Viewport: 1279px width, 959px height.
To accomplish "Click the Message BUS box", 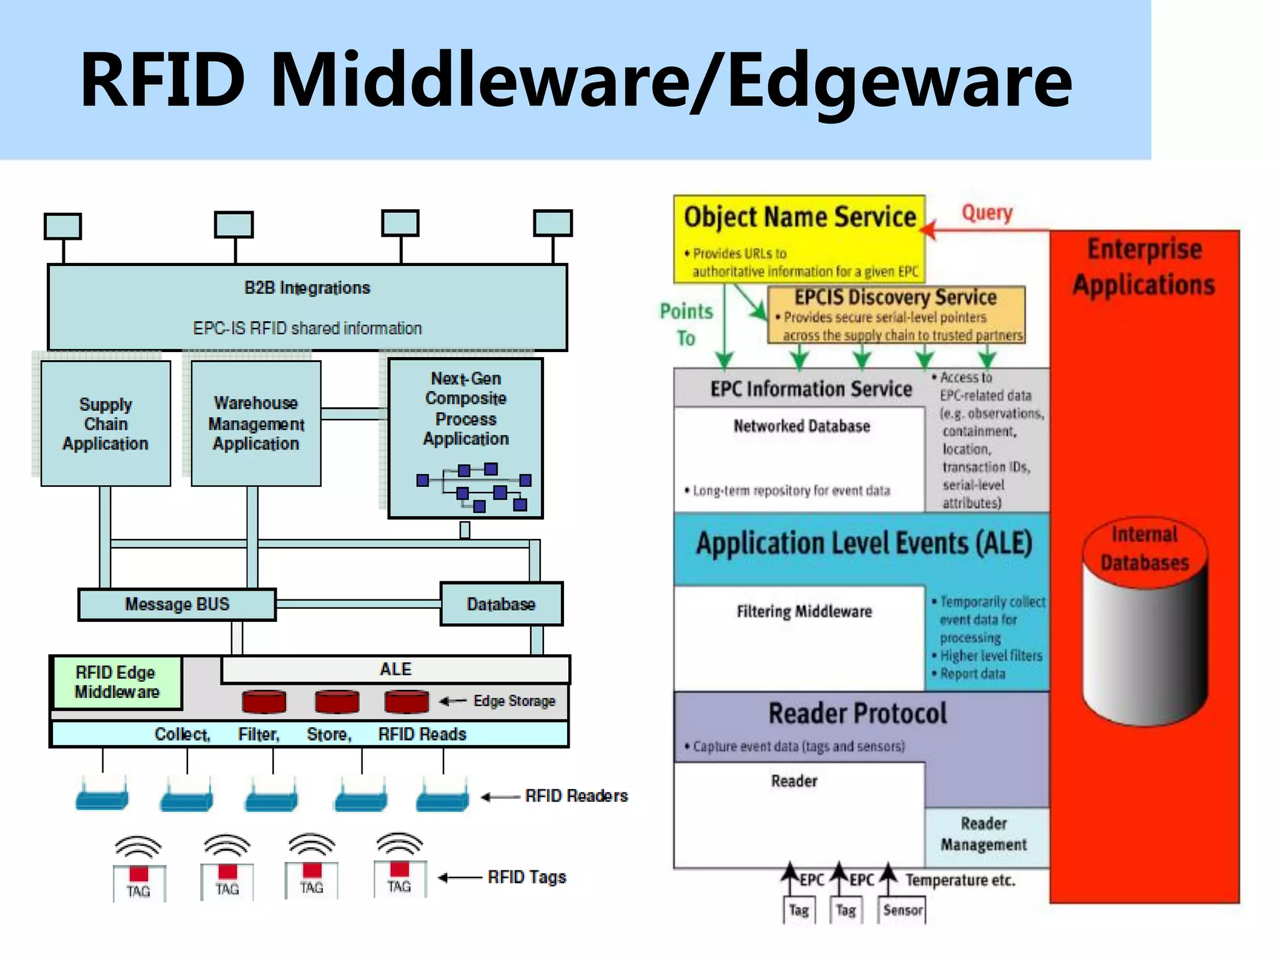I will [177, 604].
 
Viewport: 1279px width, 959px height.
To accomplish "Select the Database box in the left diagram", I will [501, 604].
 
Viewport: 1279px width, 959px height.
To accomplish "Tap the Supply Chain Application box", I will [106, 424].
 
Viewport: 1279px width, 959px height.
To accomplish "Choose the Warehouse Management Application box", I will [256, 424].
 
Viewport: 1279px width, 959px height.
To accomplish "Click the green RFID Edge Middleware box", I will [117, 682].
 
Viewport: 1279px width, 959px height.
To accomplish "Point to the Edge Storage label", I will [514, 701].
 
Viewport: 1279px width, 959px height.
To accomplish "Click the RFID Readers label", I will [576, 796].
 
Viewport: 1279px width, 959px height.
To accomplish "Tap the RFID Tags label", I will [527, 877].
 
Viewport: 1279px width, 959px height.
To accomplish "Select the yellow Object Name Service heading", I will [800, 217].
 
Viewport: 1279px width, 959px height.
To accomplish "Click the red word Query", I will [987, 213].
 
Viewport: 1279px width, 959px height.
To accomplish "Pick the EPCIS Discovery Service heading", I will [896, 297].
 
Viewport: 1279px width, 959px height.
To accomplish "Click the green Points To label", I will [686, 325].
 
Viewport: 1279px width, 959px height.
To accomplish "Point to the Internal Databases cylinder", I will [1145, 624].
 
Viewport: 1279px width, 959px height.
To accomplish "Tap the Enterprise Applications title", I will [1144, 267].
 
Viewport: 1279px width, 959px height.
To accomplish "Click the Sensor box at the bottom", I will [902, 910].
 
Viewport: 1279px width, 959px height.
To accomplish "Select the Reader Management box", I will [984, 834].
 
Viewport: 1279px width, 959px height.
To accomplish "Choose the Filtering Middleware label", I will [804, 612].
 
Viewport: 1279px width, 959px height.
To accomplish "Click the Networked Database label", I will [802, 426].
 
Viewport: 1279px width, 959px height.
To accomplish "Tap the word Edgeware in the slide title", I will [899, 81].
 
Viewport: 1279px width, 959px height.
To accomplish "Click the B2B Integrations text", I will [307, 288].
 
